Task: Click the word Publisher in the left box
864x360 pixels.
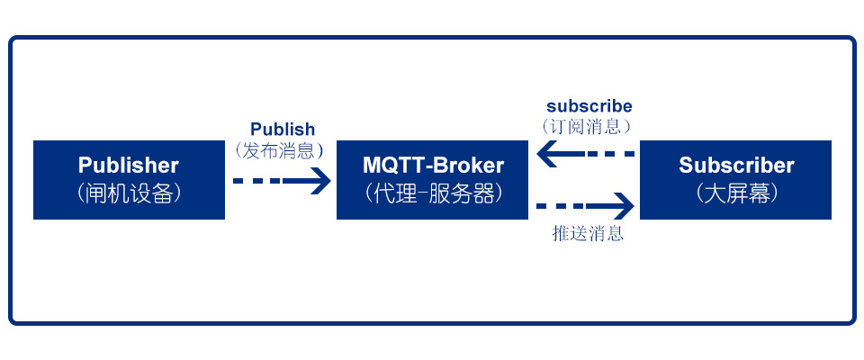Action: pos(129,166)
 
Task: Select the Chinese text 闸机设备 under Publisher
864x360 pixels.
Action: pos(129,193)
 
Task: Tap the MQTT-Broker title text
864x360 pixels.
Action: pos(433,165)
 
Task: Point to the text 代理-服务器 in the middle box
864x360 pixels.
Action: pos(433,193)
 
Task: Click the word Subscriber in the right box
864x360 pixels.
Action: pos(736,166)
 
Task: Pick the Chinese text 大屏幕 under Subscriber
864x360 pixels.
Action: pos(736,193)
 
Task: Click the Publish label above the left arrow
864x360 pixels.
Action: pos(283,130)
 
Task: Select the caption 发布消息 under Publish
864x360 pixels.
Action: pos(278,150)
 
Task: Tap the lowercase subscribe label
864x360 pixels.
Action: pos(589,106)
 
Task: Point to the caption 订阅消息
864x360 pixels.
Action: pos(586,127)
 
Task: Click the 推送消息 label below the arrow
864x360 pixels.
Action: pos(588,233)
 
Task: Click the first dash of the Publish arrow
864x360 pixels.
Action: pos(238,180)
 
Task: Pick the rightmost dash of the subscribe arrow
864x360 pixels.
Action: pos(629,153)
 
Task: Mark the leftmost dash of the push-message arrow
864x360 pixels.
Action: pos(542,206)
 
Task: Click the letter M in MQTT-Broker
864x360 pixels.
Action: pos(372,165)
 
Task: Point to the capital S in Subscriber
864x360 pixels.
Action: pos(686,166)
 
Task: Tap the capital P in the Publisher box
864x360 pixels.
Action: pos(85,166)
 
